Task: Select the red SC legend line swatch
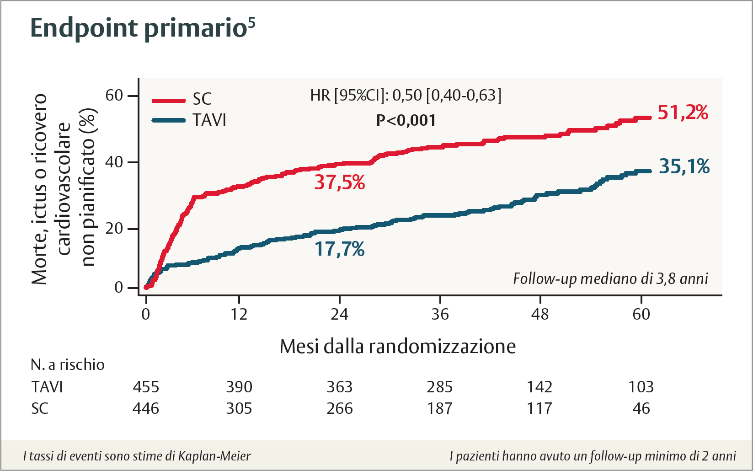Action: (x=168, y=100)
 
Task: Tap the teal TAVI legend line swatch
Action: (x=168, y=120)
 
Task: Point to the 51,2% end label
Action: (x=683, y=112)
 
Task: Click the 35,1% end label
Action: (x=684, y=166)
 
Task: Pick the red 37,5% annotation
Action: (x=339, y=182)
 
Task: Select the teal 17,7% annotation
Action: (x=339, y=249)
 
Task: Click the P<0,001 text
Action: (x=406, y=120)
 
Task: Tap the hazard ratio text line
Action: (x=406, y=95)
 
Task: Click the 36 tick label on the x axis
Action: (x=440, y=314)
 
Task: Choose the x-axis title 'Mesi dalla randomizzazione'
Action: (x=397, y=347)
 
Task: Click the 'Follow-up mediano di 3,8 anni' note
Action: (x=610, y=278)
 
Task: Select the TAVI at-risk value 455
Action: (x=146, y=387)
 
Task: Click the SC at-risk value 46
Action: (x=641, y=408)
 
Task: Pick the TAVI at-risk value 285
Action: (x=439, y=387)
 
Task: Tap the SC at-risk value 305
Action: (x=239, y=408)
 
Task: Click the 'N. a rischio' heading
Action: (x=68, y=364)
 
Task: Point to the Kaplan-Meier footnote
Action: (x=137, y=456)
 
